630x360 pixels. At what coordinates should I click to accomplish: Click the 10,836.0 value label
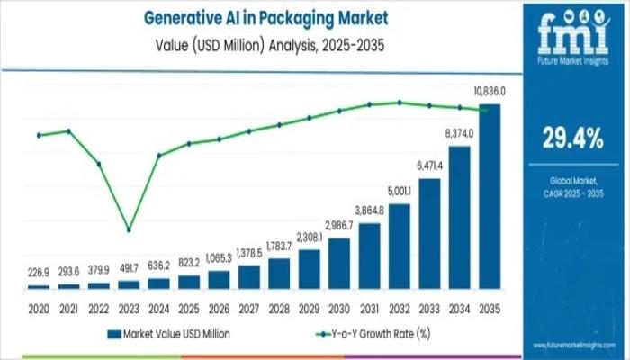(489, 92)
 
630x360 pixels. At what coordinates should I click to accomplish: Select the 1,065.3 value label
(219, 259)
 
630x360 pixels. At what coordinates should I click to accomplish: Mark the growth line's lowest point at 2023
(129, 229)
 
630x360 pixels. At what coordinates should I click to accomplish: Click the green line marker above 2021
(68, 131)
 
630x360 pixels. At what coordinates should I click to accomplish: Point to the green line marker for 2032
(399, 103)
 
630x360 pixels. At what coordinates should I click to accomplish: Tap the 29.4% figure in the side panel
(572, 138)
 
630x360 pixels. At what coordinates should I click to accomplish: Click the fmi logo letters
(572, 33)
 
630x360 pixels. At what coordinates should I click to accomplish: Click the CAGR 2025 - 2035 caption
(572, 194)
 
